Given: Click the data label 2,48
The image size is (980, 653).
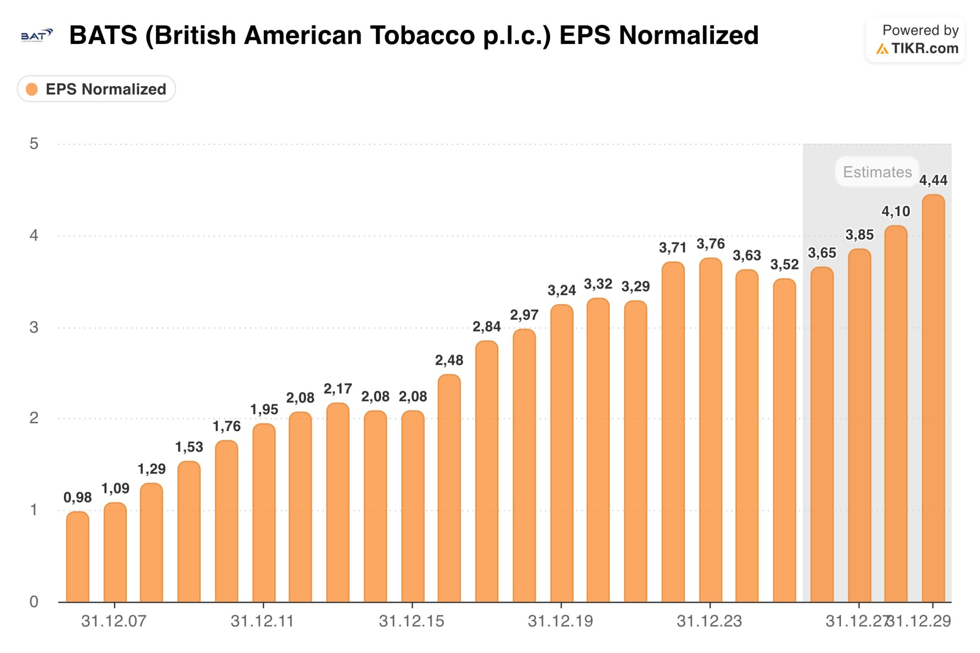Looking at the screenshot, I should tap(449, 360).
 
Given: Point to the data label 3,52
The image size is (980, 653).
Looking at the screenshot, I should tap(784, 264).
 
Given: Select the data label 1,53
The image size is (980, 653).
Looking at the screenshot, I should tap(189, 447).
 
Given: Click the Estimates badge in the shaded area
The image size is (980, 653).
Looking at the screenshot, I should tap(877, 172).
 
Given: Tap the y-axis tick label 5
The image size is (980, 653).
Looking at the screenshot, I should tap(34, 144).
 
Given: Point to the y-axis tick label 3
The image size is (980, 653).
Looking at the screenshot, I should tap(34, 327).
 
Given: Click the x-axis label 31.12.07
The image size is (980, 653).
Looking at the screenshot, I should tap(114, 621).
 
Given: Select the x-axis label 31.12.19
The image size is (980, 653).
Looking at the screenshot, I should tap(560, 621).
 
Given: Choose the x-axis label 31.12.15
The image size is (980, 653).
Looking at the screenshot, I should tap(411, 621).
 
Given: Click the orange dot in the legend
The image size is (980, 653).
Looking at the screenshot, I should tap(32, 89).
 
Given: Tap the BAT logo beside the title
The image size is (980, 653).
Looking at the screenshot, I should tap(37, 36).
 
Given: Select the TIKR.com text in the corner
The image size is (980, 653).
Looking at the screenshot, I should tap(924, 48).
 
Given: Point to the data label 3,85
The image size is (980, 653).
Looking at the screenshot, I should tap(859, 235).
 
